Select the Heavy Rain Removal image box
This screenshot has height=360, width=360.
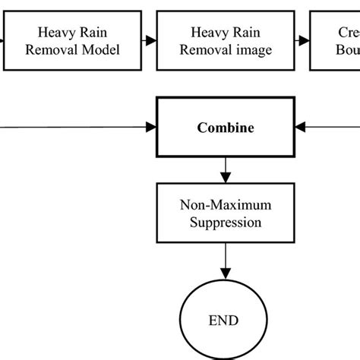[226, 41]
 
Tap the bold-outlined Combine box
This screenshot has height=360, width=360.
[226, 128]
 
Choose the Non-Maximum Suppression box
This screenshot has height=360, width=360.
[226, 213]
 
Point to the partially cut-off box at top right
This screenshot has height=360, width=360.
[335, 41]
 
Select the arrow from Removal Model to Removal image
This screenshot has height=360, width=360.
[150, 41]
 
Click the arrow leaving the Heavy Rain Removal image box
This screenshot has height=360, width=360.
[301, 41]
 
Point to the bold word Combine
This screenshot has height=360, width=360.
[226, 128]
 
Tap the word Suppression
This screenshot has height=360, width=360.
[226, 222]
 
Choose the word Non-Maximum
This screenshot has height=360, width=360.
[226, 205]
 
